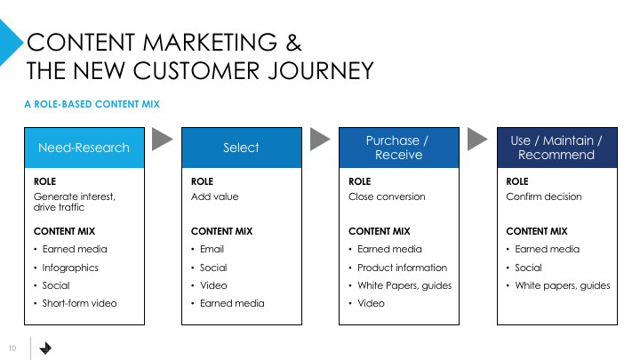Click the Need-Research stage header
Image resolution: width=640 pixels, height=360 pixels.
pos(84,148)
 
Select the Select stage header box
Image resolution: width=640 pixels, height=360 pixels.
pos(241,148)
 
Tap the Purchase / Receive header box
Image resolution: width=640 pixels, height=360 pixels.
pos(399,148)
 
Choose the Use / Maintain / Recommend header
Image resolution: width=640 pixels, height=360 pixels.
pos(556,148)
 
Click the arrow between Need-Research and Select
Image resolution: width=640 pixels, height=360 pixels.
pos(163,139)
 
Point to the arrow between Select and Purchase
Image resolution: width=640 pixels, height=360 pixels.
pos(320,139)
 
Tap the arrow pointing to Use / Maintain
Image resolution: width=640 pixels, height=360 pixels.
pos(478,139)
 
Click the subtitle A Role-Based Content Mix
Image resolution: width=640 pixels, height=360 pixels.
pos(92,104)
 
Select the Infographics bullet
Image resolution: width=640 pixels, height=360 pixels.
pos(70,268)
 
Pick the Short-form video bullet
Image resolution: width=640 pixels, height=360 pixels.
pos(79,303)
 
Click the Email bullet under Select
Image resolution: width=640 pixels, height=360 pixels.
pos(212,250)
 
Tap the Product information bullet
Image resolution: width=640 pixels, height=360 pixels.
pos(402,268)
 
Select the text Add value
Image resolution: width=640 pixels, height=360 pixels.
pos(215,196)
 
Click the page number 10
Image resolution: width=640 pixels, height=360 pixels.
pos(13,348)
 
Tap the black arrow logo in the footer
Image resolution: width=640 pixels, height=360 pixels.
pos(46,348)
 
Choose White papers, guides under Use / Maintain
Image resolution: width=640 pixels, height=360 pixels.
pos(563,285)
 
